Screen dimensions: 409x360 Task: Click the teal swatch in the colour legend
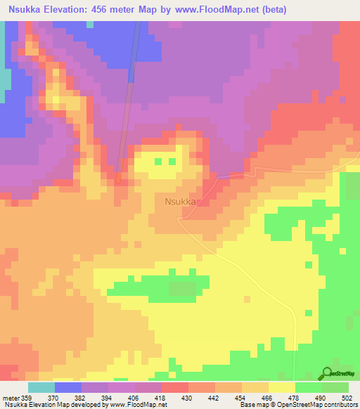[x=41, y=387]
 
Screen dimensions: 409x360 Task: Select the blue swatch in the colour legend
[x=67, y=387]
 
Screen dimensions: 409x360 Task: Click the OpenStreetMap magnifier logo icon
[x=328, y=373]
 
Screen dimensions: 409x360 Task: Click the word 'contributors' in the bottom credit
[x=340, y=405]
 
